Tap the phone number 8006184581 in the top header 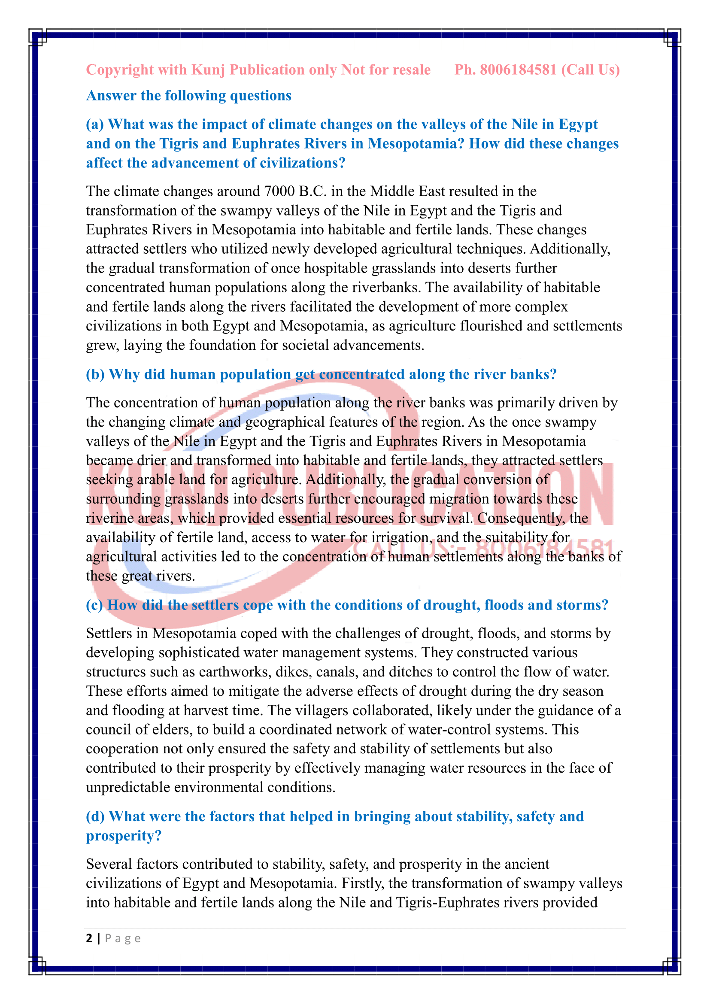coord(518,70)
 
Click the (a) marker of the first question coord(95,124)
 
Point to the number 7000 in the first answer coord(279,191)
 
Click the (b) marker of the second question coord(95,375)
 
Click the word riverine coord(109,518)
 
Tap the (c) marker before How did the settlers coord(94,605)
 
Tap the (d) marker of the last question coord(95,816)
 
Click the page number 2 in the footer coord(90,938)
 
